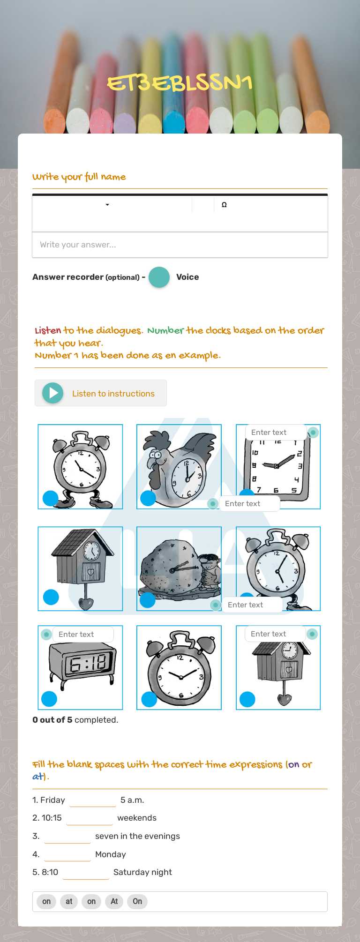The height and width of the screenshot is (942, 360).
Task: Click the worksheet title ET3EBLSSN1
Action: pos(180,83)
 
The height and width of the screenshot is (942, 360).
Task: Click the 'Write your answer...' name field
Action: pos(180,245)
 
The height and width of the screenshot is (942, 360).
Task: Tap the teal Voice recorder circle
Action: pos(159,277)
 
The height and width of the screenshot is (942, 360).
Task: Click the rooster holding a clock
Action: pos(179,467)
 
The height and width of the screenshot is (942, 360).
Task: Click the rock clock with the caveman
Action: pos(179,569)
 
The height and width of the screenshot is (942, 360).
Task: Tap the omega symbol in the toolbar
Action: pos(224,205)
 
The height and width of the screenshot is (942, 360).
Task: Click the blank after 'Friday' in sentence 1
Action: pos(92,800)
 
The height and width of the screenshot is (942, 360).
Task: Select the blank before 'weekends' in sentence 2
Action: pos(90,818)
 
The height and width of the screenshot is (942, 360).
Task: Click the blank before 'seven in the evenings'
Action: pos(67,836)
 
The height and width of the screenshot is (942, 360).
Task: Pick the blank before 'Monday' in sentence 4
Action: pos(67,854)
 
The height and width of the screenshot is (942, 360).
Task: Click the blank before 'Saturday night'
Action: pos(86,872)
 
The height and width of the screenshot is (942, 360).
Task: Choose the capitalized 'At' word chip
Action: pos(114,901)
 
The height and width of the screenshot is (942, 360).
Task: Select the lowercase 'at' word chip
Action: pos(69,901)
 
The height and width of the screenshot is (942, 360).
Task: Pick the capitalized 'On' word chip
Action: pos(137,901)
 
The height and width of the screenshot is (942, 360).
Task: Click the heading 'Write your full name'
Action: pos(79,177)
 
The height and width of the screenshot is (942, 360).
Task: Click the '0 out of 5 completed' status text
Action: pos(75,720)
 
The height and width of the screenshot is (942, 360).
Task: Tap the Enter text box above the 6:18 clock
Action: pos(83,634)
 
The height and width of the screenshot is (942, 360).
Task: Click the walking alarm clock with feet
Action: pos(80,467)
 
